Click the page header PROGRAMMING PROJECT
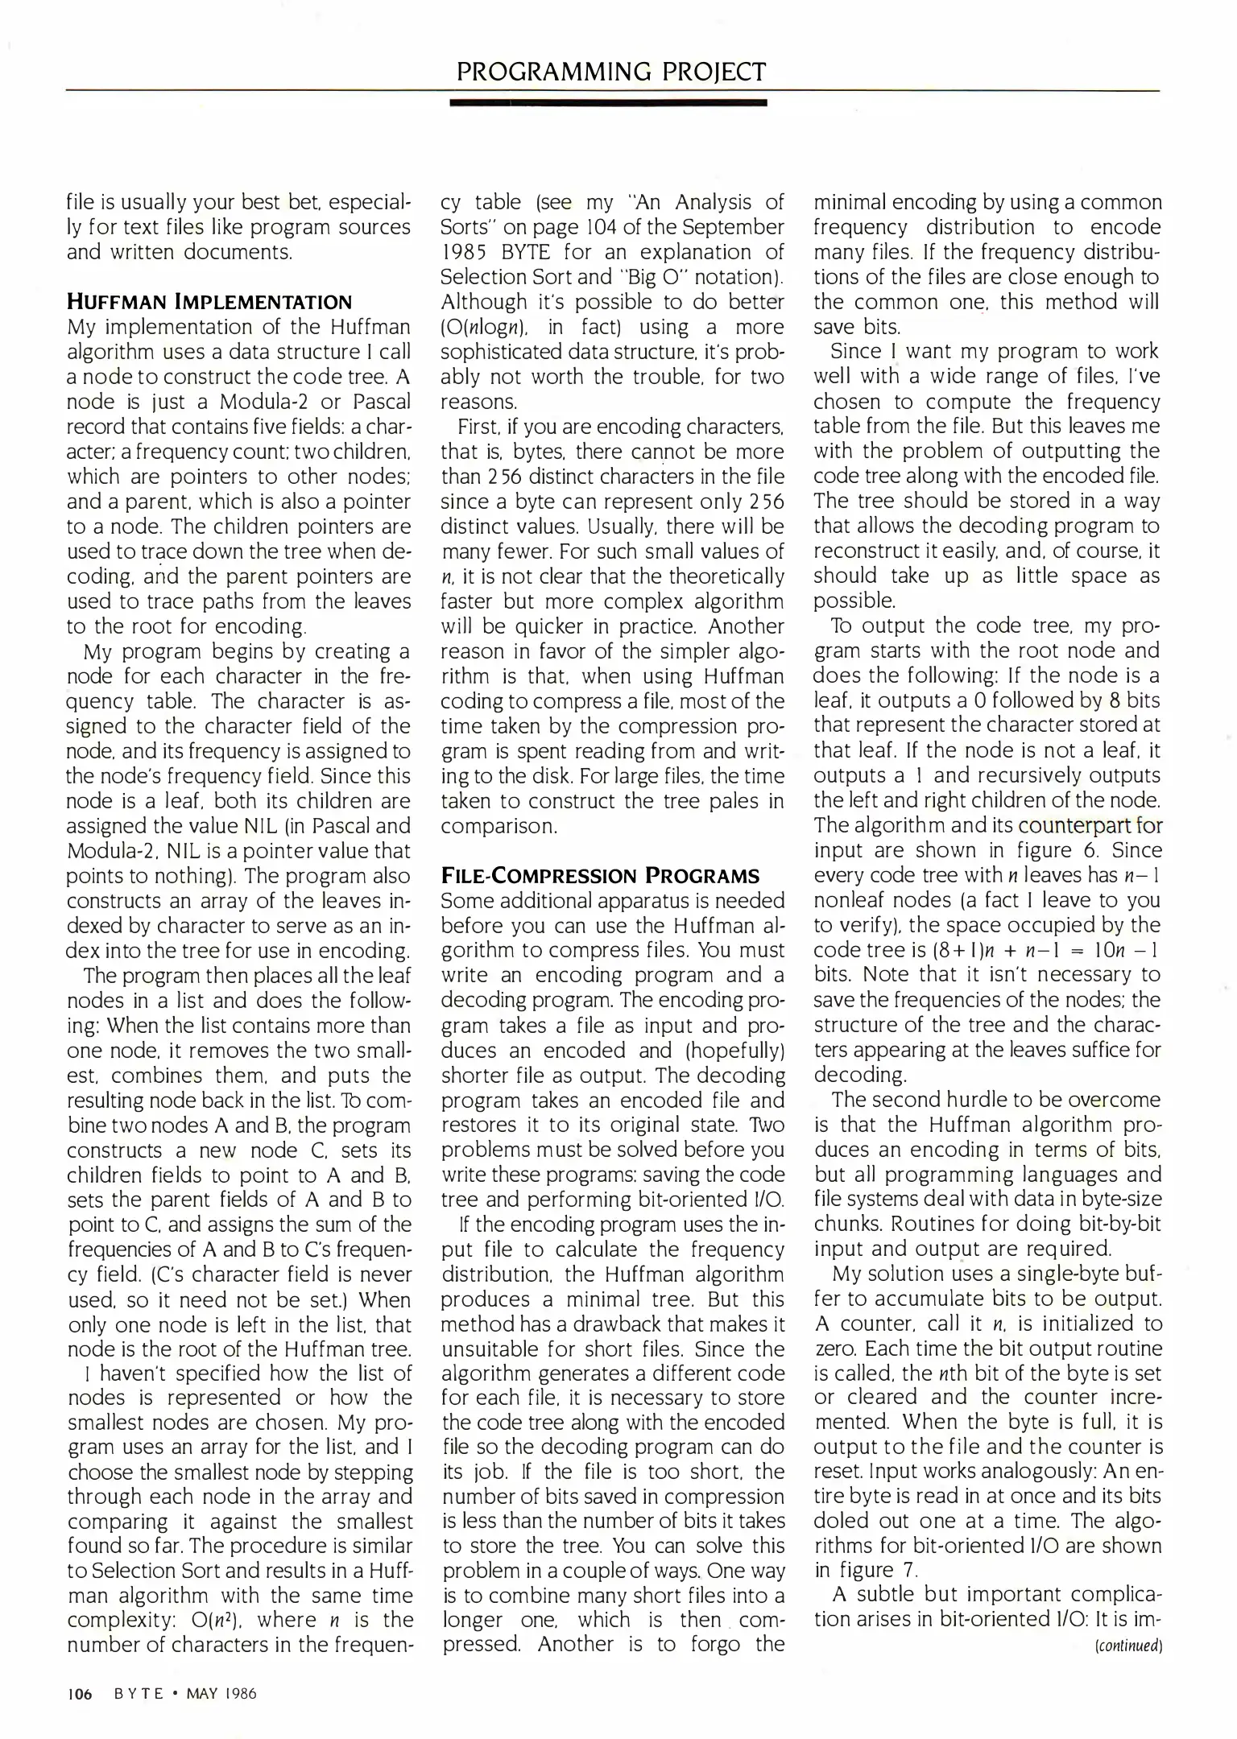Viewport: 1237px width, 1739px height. pos(610,72)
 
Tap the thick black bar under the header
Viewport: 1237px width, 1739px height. pos(608,103)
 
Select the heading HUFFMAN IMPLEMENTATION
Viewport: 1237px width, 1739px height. pos(209,303)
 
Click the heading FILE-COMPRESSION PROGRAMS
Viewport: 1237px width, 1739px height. pos(600,876)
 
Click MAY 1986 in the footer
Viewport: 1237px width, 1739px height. pos(221,1693)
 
